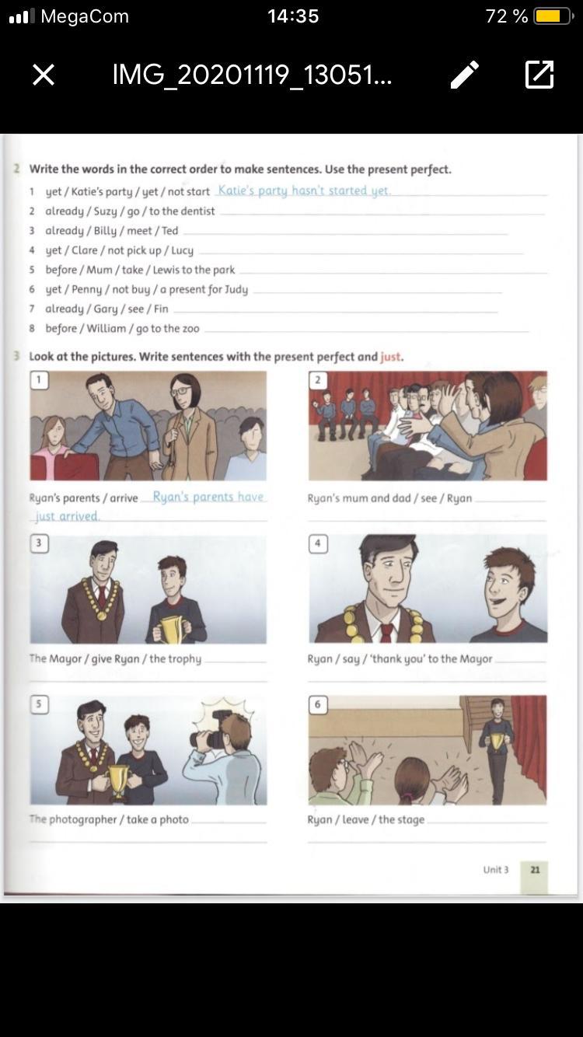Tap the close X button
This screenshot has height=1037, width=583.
tap(44, 75)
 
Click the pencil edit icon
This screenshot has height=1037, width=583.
tap(464, 75)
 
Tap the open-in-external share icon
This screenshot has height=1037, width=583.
tap(539, 75)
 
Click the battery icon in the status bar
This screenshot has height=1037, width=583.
tap(554, 16)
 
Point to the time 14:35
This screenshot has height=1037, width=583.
tap(293, 16)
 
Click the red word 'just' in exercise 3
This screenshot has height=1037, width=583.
tap(391, 357)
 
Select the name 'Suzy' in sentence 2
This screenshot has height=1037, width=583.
tap(105, 211)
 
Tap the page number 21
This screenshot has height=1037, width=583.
tap(535, 869)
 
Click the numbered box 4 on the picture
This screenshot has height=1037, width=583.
tap(318, 543)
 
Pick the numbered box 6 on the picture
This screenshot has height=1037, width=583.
tap(318, 704)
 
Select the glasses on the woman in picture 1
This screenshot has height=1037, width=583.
tap(180, 391)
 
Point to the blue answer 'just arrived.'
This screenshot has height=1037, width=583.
tap(67, 516)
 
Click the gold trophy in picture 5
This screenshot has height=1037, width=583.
tap(118, 782)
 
